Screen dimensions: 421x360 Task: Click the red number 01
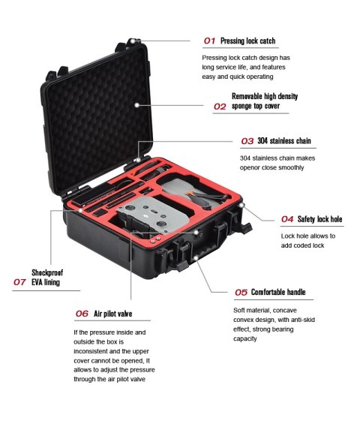click(210, 40)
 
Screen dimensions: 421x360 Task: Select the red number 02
click(220, 107)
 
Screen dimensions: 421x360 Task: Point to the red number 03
click(247, 141)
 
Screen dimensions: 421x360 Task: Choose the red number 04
click(287, 219)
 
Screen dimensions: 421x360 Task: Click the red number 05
click(241, 292)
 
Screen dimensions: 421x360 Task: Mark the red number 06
click(82, 313)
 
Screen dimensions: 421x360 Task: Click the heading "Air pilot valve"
click(113, 313)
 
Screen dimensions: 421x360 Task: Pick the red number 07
click(20, 282)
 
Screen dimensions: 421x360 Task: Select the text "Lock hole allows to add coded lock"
click(307, 240)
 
